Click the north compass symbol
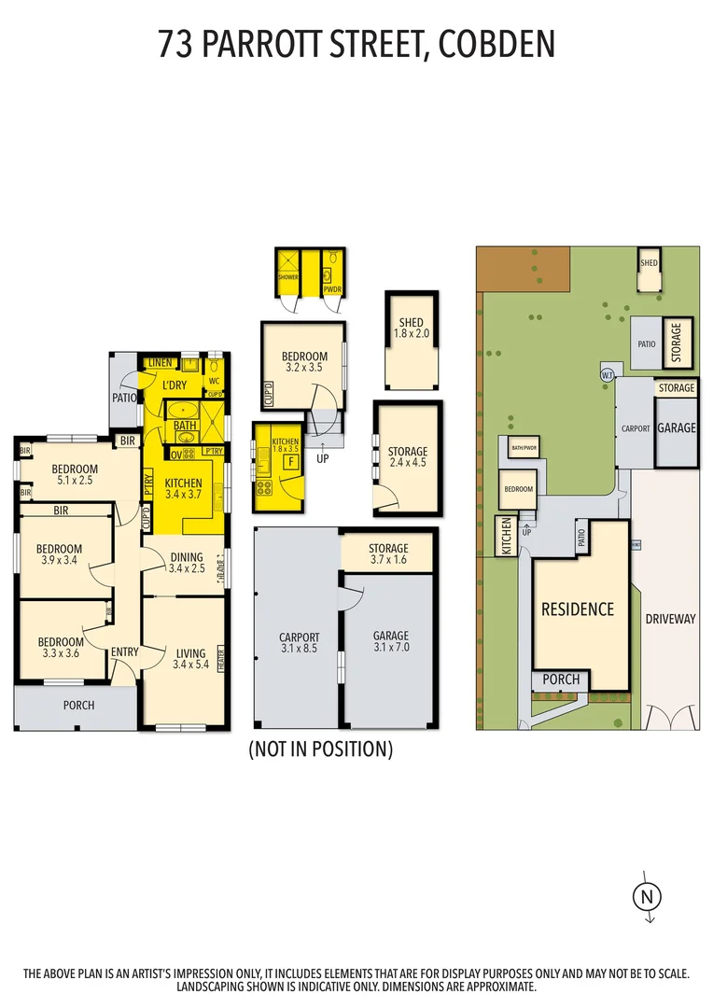click(x=645, y=897)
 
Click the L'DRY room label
click(x=175, y=385)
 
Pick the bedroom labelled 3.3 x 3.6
click(x=61, y=648)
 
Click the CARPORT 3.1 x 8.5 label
click(x=299, y=644)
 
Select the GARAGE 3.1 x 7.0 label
click(x=391, y=641)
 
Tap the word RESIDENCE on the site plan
click(x=578, y=609)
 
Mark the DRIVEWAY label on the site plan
click(x=670, y=619)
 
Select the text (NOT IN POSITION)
click(x=320, y=749)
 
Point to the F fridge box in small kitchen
click(x=290, y=461)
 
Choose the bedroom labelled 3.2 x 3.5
click(x=304, y=362)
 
